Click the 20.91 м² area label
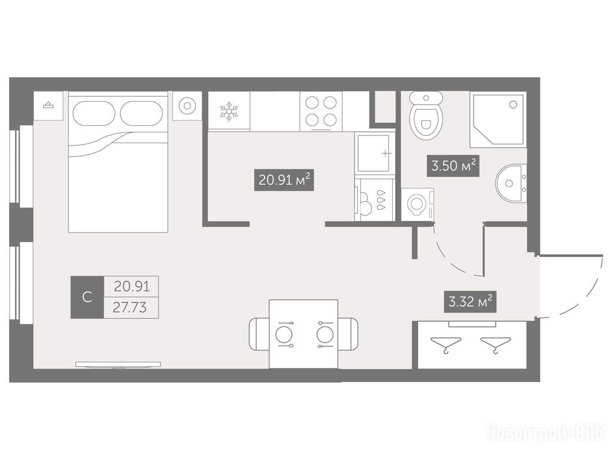(x=284, y=180)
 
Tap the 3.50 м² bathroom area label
(x=453, y=166)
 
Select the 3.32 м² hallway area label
(x=470, y=302)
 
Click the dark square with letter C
(x=87, y=297)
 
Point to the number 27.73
(x=130, y=308)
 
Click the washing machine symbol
(x=417, y=204)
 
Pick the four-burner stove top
(x=321, y=111)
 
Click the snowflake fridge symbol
(x=229, y=111)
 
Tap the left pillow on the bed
(x=94, y=113)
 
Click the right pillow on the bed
(x=141, y=113)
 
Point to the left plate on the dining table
(x=284, y=334)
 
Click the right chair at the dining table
(x=348, y=334)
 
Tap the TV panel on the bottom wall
(x=118, y=365)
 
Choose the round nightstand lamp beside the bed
(x=187, y=105)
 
